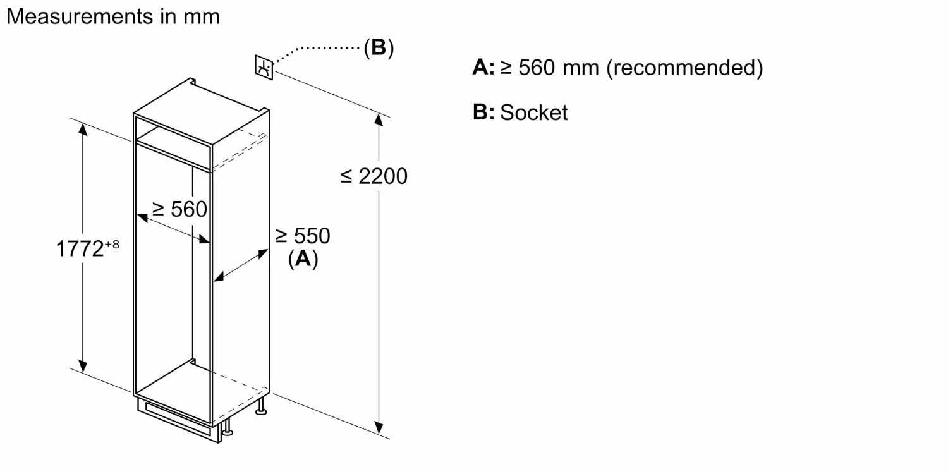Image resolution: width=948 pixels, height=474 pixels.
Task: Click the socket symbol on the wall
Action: [x=265, y=67]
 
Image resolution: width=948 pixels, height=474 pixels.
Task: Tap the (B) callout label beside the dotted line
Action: [x=379, y=47]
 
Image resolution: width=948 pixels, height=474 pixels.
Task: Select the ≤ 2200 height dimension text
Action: [x=374, y=176]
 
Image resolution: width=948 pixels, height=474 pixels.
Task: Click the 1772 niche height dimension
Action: [x=80, y=248]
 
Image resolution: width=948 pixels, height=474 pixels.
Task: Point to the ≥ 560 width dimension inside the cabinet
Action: [x=179, y=209]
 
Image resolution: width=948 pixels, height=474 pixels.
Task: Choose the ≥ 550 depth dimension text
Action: [x=303, y=236]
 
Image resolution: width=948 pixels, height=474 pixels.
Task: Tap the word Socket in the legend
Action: [x=534, y=112]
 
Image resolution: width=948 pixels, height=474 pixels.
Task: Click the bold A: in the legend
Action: [x=483, y=67]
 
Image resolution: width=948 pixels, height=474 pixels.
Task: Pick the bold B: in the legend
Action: [x=483, y=112]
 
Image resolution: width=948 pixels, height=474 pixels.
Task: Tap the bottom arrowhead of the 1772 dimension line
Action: [x=82, y=366]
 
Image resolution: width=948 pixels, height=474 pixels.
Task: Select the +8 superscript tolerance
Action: [x=111, y=243]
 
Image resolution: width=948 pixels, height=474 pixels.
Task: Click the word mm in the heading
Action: [x=202, y=16]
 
